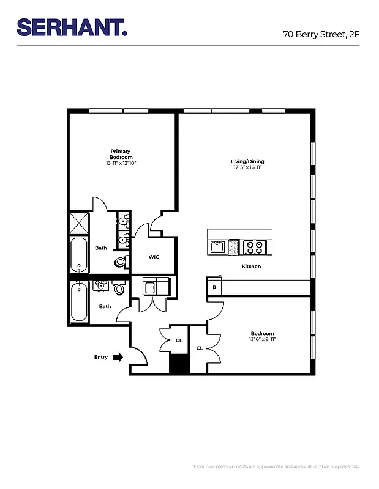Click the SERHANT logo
click(72, 28)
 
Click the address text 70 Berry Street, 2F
click(321, 34)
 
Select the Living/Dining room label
click(247, 161)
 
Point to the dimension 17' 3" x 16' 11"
click(247, 167)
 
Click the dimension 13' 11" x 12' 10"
click(121, 163)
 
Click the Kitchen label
click(251, 267)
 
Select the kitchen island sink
click(217, 247)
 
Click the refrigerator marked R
click(214, 287)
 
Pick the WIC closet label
click(154, 257)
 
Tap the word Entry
click(101, 357)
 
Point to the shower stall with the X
click(79, 223)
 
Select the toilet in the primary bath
click(121, 262)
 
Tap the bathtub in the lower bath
click(79, 303)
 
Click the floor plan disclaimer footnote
click(276, 466)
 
